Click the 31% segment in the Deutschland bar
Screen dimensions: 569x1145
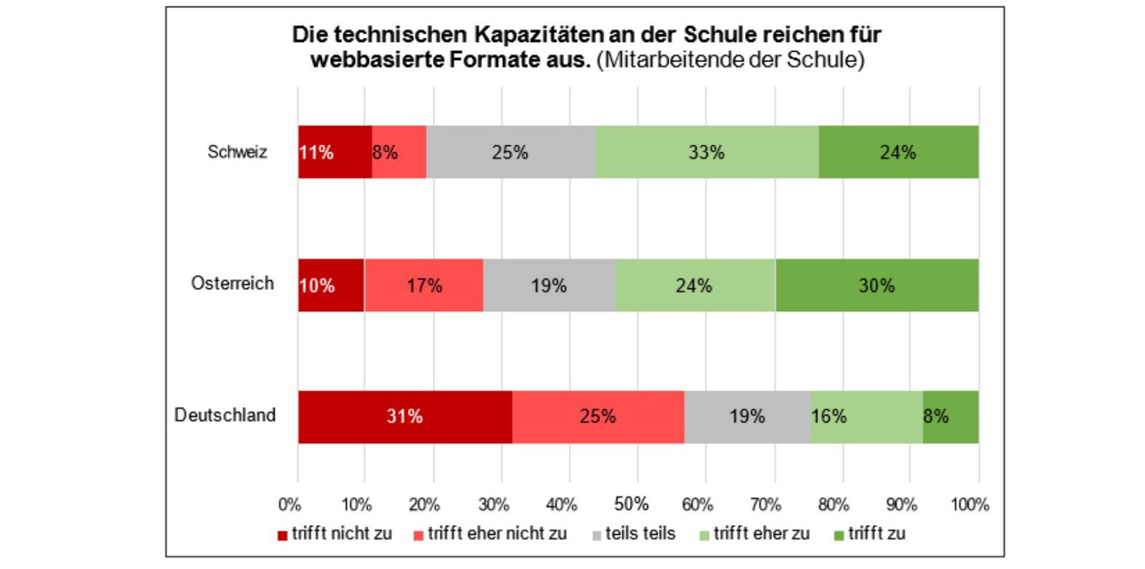click(x=404, y=417)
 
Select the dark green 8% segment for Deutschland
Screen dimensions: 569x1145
click(x=950, y=417)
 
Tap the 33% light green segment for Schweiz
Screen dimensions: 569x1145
click(x=707, y=152)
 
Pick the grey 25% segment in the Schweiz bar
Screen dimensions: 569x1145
click(x=510, y=152)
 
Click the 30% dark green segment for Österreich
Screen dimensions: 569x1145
click(x=877, y=285)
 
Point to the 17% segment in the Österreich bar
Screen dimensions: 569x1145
click(x=424, y=285)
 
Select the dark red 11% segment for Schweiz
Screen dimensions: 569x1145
click(x=335, y=152)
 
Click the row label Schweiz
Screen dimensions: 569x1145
click(x=237, y=152)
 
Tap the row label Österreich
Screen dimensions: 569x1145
click(x=233, y=284)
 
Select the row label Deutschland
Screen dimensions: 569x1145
click(x=225, y=416)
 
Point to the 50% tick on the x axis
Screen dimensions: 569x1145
click(x=632, y=505)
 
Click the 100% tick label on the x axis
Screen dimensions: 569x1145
click(x=971, y=505)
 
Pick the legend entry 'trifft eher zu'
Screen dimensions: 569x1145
click(x=760, y=534)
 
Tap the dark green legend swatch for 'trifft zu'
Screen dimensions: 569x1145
click(x=838, y=535)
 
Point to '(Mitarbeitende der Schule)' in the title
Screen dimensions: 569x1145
click(x=730, y=61)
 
